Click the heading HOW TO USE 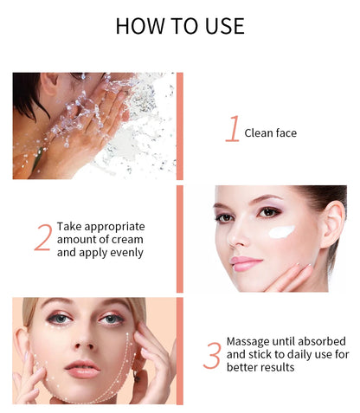pyautogui.click(x=179, y=26)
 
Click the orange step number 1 pyautogui.click(x=232, y=130)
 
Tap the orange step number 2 pyautogui.click(x=42, y=238)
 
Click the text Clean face pyautogui.click(x=271, y=132)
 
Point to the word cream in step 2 pyautogui.click(x=126, y=239)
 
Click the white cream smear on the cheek pyautogui.click(x=280, y=231)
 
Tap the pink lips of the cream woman pyautogui.click(x=245, y=262)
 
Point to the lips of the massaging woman pyautogui.click(x=82, y=369)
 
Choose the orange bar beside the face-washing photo pyautogui.click(x=180, y=126)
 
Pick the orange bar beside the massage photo pyautogui.click(x=180, y=351)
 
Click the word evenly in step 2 pyautogui.click(x=123, y=253)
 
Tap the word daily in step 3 pyautogui.click(x=285, y=354)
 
